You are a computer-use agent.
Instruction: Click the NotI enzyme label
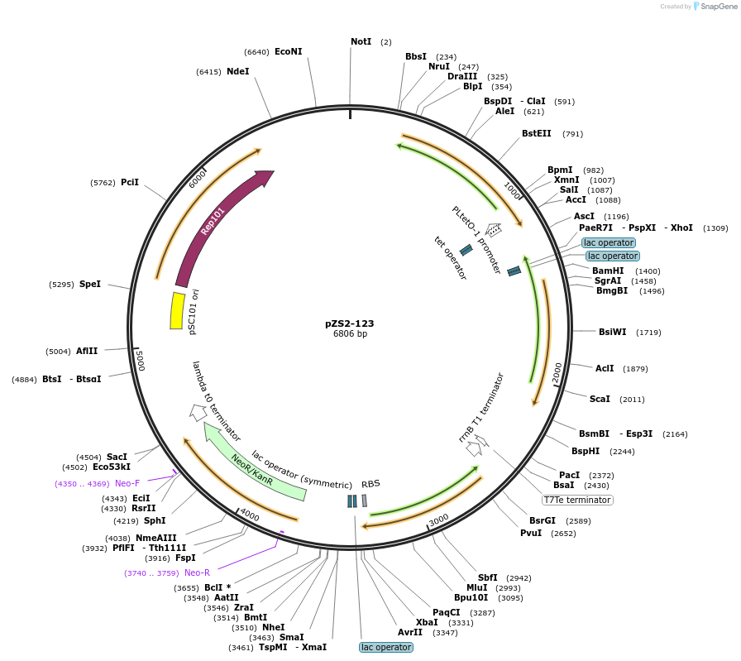pyautogui.click(x=361, y=41)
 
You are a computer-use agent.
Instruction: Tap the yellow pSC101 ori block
pyautogui.click(x=177, y=310)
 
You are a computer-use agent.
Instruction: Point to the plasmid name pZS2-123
pyautogui.click(x=350, y=323)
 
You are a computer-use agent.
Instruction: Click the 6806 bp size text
pyautogui.click(x=350, y=334)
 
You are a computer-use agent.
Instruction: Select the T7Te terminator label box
pyautogui.click(x=577, y=500)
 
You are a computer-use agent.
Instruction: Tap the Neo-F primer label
pyautogui.click(x=127, y=483)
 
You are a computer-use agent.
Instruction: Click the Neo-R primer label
pyautogui.click(x=197, y=572)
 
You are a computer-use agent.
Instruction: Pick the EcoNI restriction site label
pyautogui.click(x=288, y=51)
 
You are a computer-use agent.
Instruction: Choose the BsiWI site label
pyautogui.click(x=613, y=332)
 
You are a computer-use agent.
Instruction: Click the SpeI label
pyautogui.click(x=89, y=284)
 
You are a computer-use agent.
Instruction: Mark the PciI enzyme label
pyautogui.click(x=130, y=182)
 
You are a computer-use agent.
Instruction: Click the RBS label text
pyautogui.click(x=370, y=484)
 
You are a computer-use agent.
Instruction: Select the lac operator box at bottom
pyautogui.click(x=385, y=647)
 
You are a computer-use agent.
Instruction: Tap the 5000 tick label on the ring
pyautogui.click(x=141, y=361)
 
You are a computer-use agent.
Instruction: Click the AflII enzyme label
pyautogui.click(x=87, y=351)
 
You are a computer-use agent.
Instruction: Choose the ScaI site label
pyautogui.click(x=600, y=399)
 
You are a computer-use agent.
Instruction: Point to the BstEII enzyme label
pyautogui.click(x=536, y=133)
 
